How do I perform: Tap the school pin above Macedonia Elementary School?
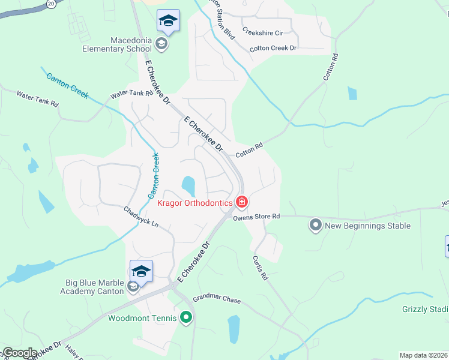(168, 22)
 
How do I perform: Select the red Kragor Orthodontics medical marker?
(241, 202)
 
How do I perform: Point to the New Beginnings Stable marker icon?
(315, 226)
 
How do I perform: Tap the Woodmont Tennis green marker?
(186, 317)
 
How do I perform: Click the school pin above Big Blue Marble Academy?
(141, 271)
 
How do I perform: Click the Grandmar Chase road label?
(216, 299)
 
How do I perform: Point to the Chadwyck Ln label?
(141, 217)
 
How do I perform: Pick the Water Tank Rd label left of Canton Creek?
(37, 99)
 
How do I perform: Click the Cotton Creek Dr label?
(273, 48)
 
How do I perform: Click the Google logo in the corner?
(19, 353)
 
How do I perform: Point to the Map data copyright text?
(423, 355)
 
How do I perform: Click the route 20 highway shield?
(52, 4)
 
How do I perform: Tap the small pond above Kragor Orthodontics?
(188, 185)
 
